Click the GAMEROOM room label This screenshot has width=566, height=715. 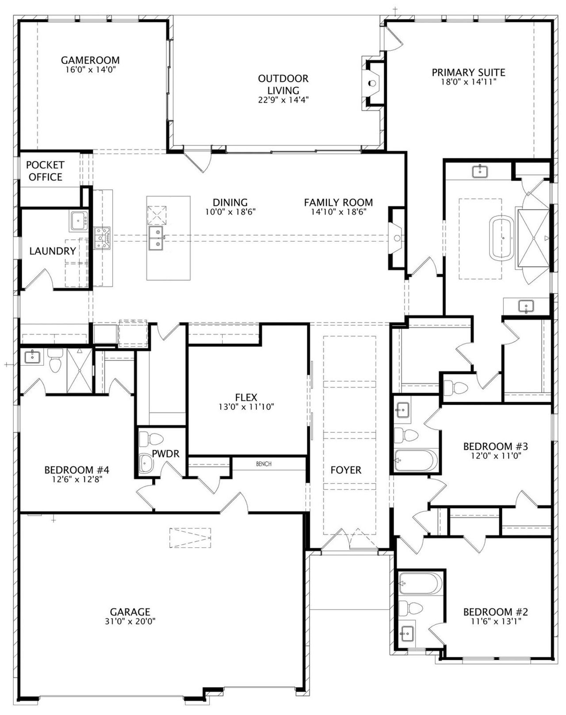(x=90, y=60)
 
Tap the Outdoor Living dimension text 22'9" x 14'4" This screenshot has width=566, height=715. (x=283, y=100)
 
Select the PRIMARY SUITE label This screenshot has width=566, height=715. (x=468, y=73)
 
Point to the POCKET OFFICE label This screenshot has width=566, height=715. (x=45, y=171)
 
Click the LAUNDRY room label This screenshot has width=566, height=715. (x=53, y=251)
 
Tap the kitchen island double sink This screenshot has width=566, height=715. (x=156, y=238)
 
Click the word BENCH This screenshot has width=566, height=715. (x=264, y=464)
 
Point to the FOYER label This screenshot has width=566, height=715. (x=346, y=470)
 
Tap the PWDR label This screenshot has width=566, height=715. (x=165, y=454)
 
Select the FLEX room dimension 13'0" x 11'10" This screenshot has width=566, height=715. (x=246, y=407)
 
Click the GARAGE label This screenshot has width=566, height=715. (x=130, y=612)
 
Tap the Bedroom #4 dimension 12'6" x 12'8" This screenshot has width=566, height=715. (x=77, y=479)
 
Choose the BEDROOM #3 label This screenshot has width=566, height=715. (x=496, y=446)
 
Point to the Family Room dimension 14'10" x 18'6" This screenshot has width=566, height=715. (x=338, y=212)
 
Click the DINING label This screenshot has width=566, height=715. (x=230, y=203)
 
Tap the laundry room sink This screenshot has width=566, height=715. (x=79, y=220)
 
